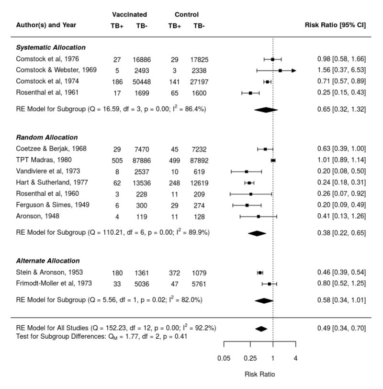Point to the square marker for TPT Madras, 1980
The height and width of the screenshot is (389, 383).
coord(273,160)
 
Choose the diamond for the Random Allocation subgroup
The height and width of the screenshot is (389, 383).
coord(257,233)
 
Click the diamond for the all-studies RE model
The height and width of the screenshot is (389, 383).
coord(261,329)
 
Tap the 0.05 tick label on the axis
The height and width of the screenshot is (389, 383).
coord(224,357)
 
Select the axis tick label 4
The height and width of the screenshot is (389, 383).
coord(295,357)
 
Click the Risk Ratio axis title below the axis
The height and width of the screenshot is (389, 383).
coord(260,374)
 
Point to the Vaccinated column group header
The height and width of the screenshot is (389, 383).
coord(129,15)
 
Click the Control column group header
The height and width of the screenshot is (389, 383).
coord(187,15)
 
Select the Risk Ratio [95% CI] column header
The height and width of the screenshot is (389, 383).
coord(335,25)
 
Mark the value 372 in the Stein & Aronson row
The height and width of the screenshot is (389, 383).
coord(175,273)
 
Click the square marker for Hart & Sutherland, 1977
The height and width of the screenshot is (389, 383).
coord(249,183)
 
